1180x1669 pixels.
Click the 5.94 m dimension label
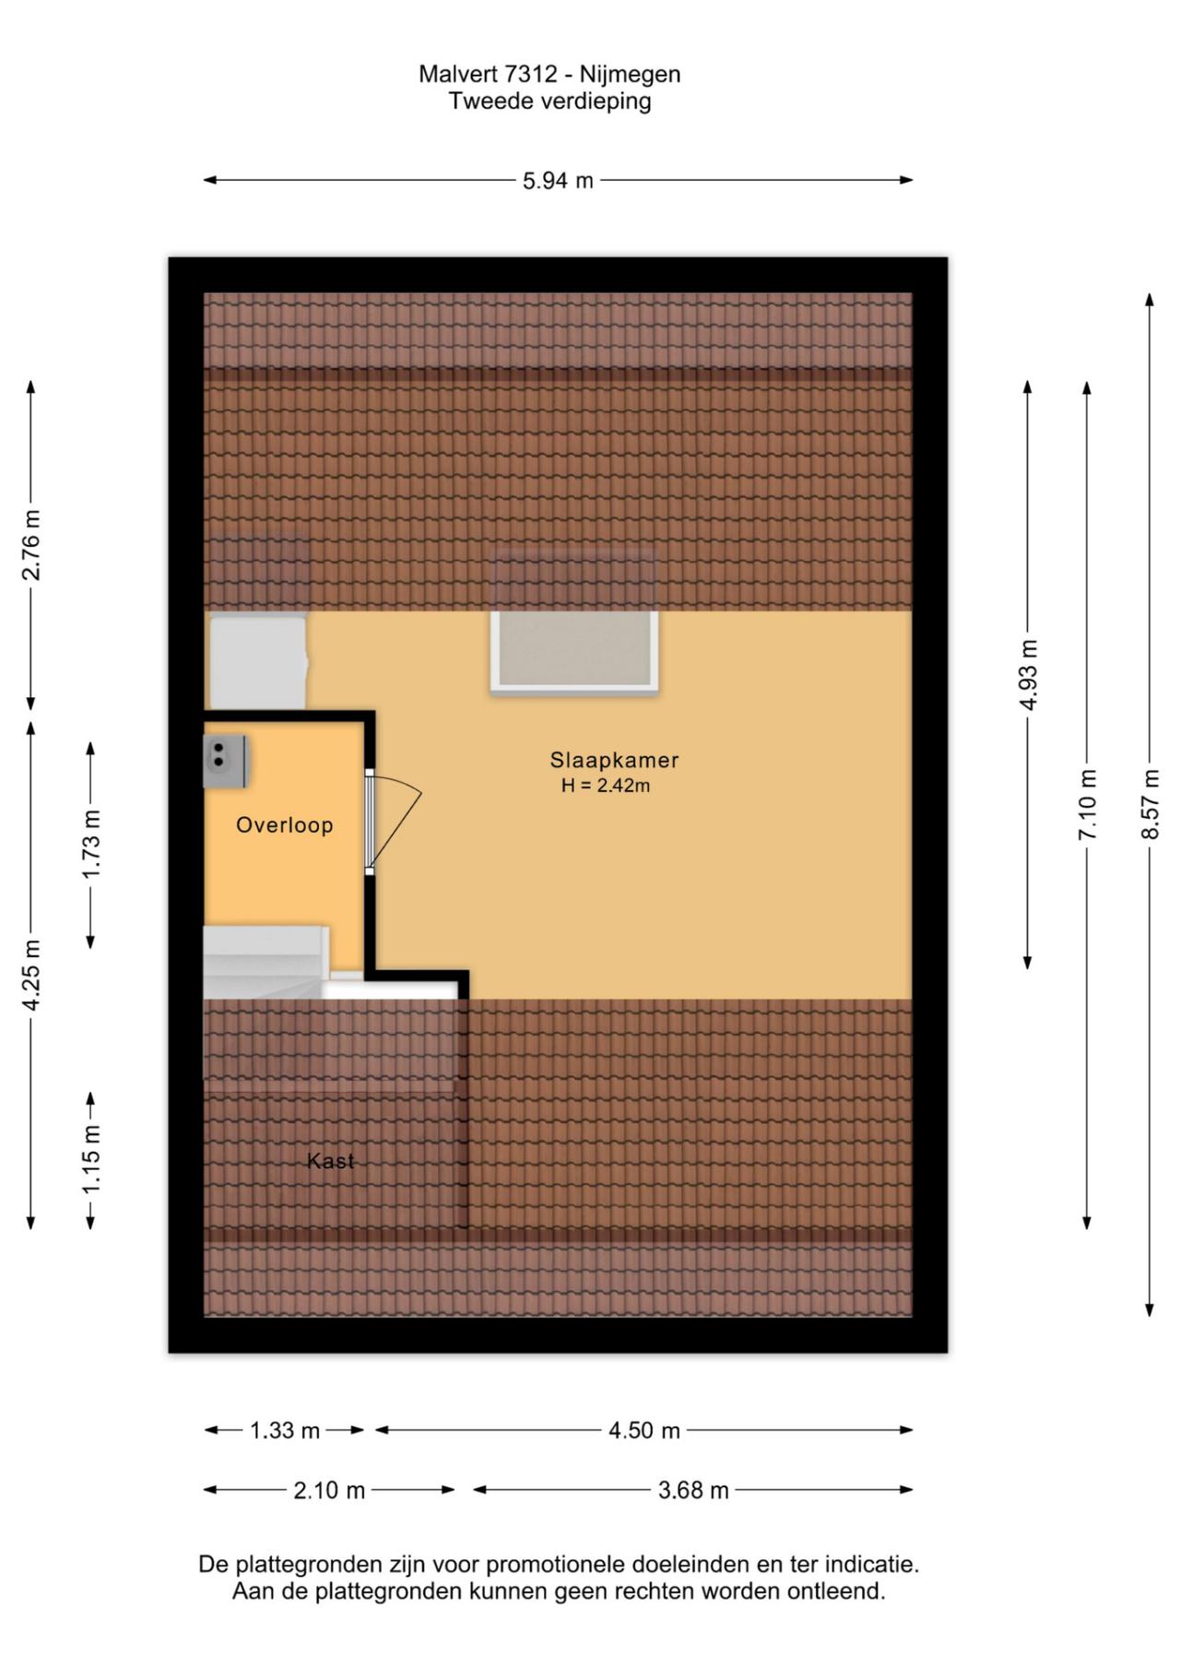point(558,181)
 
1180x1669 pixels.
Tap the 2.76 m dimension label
point(31,545)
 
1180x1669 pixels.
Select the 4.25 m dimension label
point(31,975)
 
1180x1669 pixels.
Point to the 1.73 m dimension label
point(91,845)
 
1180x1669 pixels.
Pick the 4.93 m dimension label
point(1029,675)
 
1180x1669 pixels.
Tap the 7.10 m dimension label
point(1088,804)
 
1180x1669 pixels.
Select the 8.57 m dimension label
point(1150,804)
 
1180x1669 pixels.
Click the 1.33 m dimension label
point(285,1430)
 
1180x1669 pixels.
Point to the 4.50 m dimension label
point(644,1430)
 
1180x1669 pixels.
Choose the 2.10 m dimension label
point(329,1490)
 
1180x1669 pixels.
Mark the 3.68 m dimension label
point(693,1490)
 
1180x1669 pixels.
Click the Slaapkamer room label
point(614,761)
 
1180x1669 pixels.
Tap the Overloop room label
point(285,825)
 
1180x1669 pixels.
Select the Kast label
point(330,1161)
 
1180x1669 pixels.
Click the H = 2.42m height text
point(606,787)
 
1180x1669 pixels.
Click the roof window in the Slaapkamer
point(573,650)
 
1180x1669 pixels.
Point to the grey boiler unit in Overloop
point(225,761)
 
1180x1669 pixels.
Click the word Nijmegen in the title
point(630,75)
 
